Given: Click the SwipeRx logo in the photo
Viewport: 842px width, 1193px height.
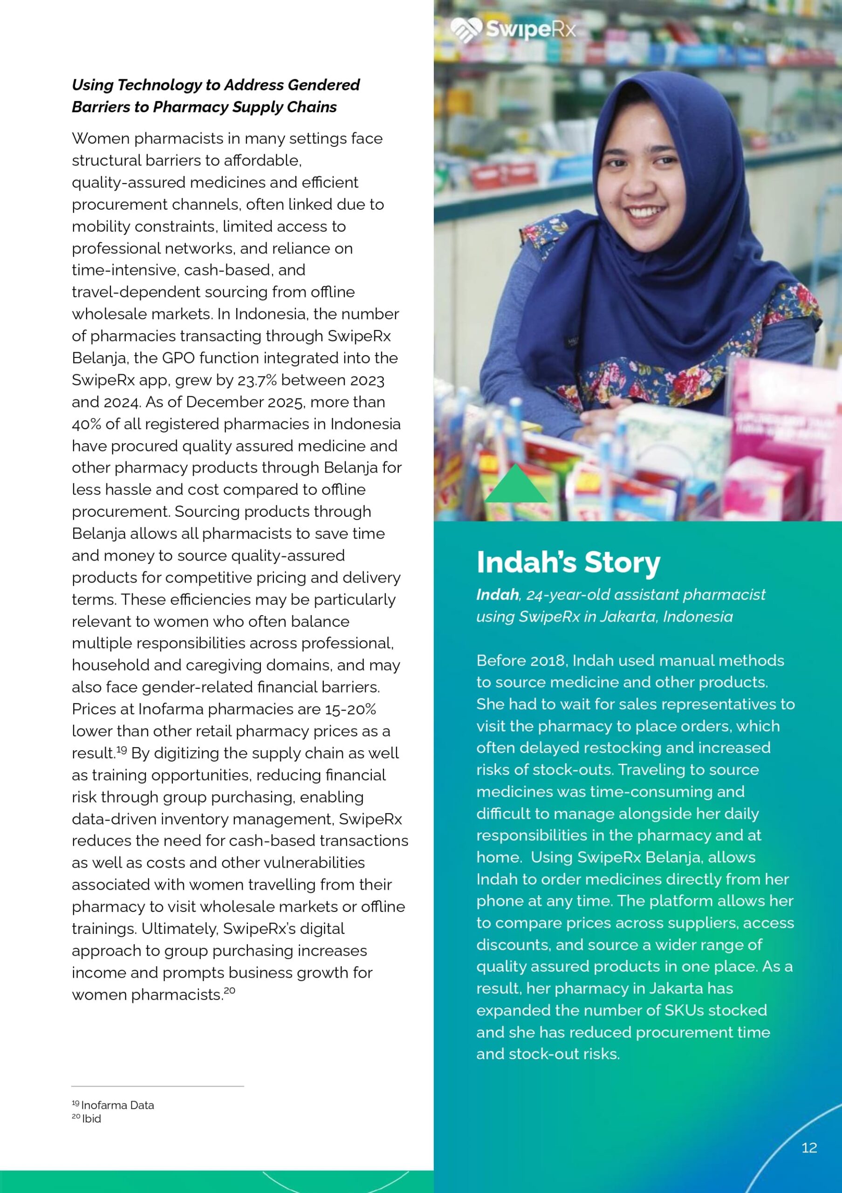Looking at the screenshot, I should point(513,30).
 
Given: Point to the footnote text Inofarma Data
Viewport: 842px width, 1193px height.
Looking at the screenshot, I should point(117,1105).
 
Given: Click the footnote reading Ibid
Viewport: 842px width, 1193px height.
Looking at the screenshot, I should point(91,1119).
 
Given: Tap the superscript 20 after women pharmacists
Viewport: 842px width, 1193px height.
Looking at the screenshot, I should point(230,990).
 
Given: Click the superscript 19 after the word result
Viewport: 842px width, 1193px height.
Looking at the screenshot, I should point(122,750).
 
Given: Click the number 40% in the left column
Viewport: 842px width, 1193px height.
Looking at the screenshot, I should point(86,424).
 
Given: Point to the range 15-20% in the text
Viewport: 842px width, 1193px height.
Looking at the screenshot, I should point(350,709).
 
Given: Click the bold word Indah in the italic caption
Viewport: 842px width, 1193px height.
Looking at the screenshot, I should point(498,595).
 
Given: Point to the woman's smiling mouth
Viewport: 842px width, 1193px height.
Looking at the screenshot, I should point(644,212).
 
